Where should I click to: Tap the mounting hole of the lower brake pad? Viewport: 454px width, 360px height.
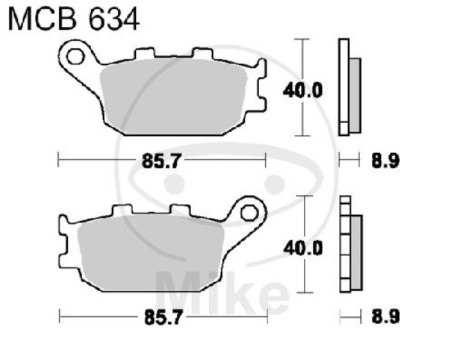[248, 212]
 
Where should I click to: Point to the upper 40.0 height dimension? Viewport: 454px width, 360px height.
[299, 90]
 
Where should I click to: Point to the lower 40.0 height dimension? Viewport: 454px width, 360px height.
[299, 248]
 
